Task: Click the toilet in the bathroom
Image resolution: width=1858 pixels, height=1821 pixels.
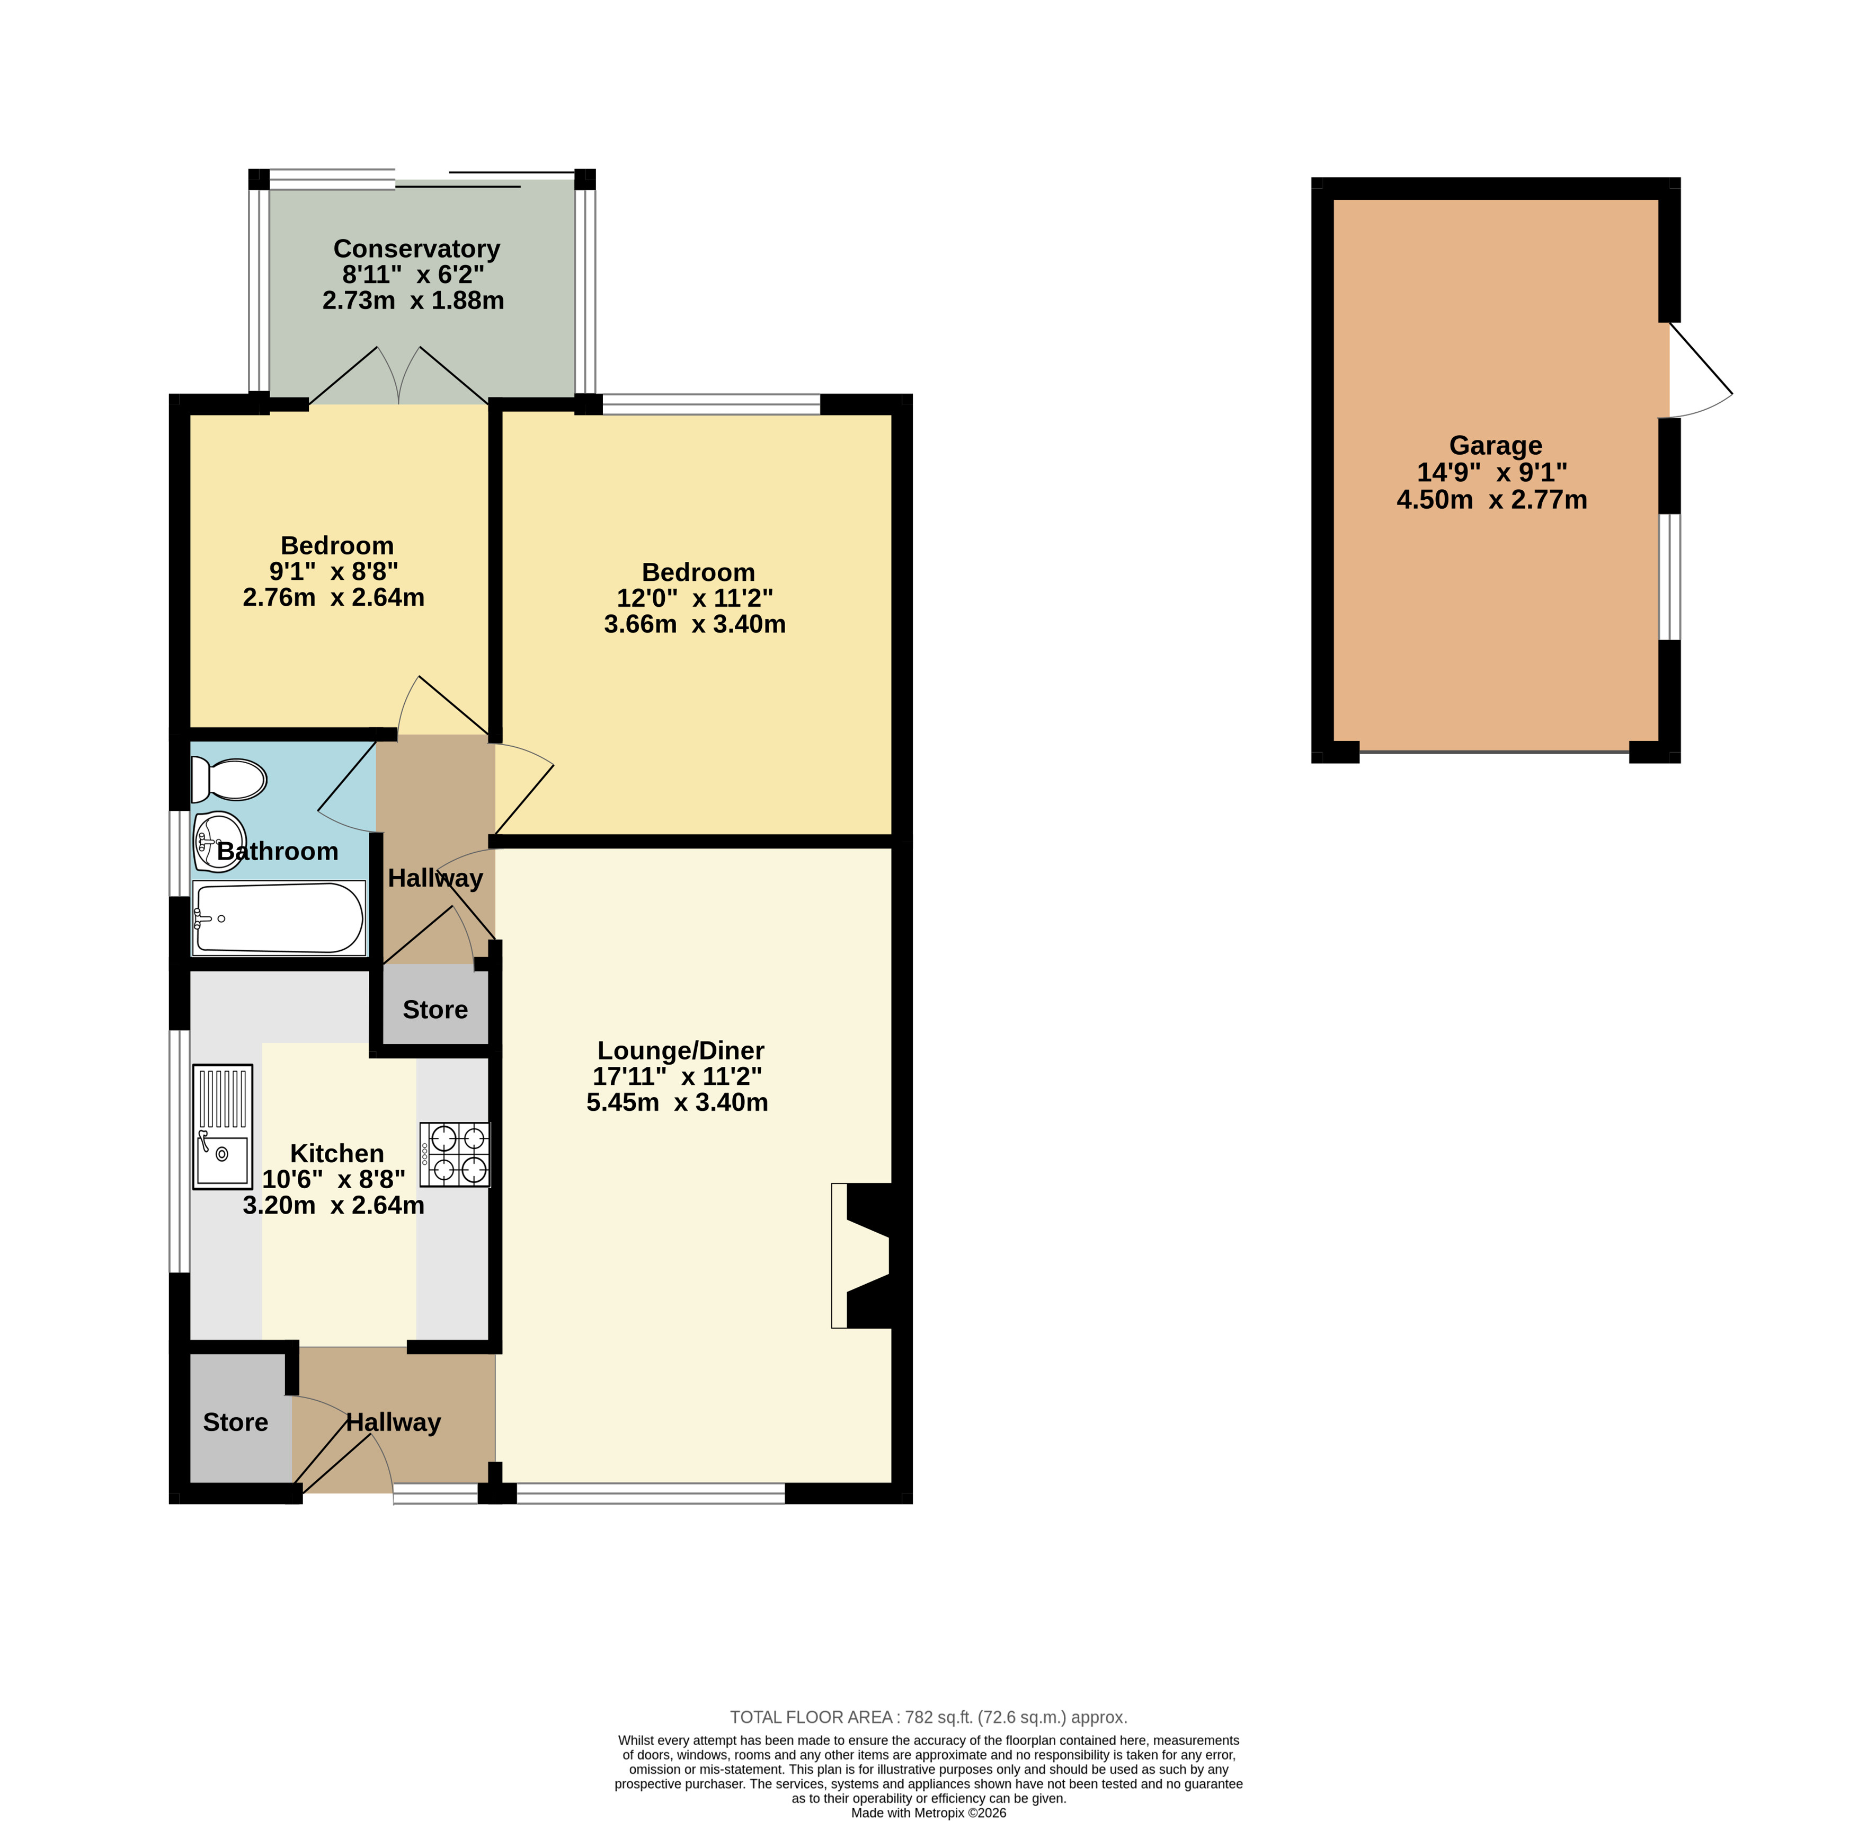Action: [x=228, y=780]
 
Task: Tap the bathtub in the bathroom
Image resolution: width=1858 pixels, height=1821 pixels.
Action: [x=278, y=918]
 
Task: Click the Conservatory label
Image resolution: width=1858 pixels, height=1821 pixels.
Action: [x=417, y=249]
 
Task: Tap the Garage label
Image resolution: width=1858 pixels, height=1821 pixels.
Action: [x=1496, y=446]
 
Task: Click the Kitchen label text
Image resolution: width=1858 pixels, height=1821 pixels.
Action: [x=336, y=1153]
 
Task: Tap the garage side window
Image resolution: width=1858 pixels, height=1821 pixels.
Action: [x=1669, y=577]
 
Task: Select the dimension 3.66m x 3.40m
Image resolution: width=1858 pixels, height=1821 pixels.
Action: [x=695, y=624]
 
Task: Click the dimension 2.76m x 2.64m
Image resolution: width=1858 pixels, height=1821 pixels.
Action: [x=334, y=598]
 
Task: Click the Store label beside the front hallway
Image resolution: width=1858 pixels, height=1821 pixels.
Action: [x=235, y=1422]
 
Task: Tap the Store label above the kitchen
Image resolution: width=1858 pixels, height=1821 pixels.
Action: [x=435, y=1010]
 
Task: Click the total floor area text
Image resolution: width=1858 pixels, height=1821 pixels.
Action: [x=929, y=1717]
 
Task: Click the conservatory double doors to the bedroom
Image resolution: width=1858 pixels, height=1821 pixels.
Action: [x=399, y=375]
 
